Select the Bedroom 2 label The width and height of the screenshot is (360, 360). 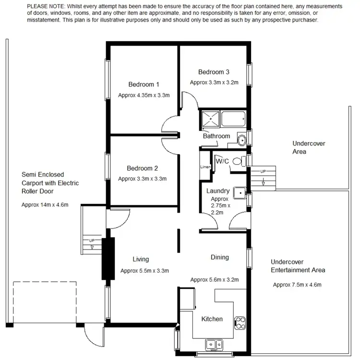tap(142, 168)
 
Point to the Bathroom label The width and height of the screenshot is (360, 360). tap(216, 136)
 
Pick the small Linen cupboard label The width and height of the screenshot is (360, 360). tap(205, 167)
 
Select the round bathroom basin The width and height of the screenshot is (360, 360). tap(242, 140)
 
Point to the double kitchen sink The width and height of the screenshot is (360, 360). tap(213, 344)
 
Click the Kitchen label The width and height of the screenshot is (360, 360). tap(212, 319)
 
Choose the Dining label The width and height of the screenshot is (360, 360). tap(219, 257)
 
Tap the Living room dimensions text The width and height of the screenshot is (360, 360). tap(144, 270)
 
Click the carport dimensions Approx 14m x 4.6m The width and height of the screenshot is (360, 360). tap(45, 204)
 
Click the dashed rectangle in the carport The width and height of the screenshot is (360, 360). tap(45, 302)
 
